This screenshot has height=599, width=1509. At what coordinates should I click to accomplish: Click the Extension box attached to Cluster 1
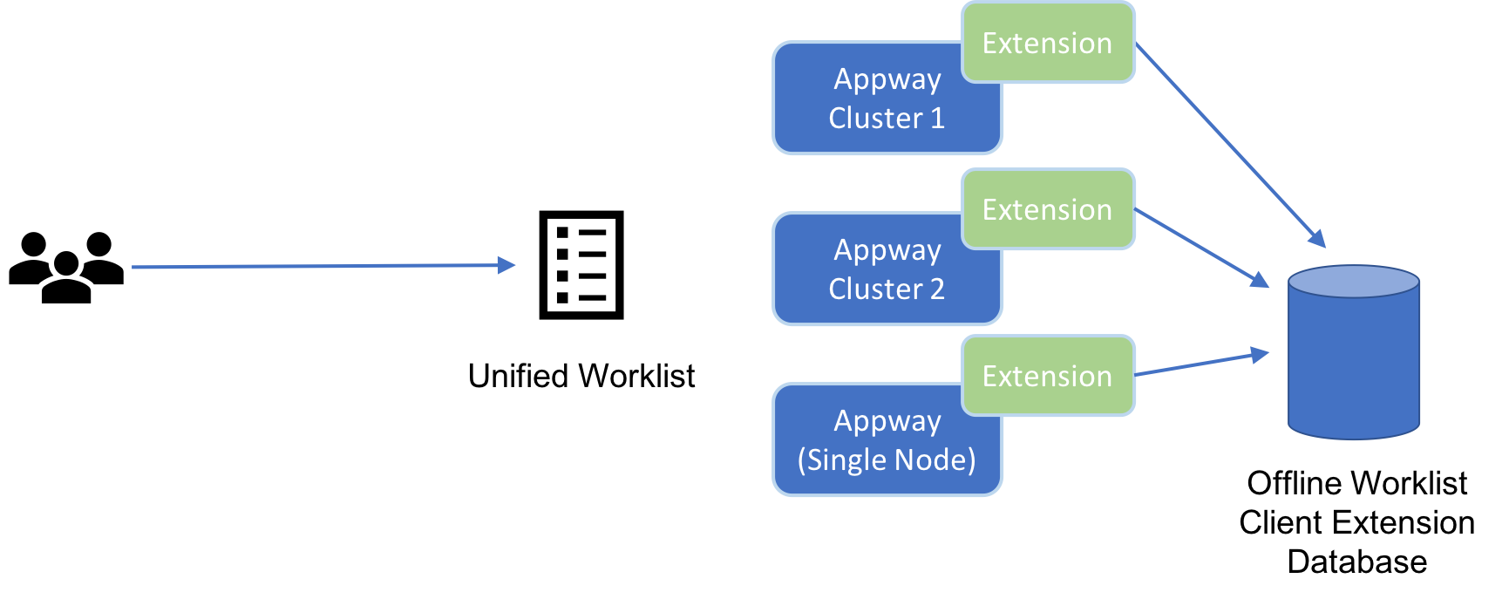coord(1048,43)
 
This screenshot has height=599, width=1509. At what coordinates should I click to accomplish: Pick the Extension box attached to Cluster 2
coord(1048,209)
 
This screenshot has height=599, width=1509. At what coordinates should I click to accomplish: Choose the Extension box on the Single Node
coord(1048,376)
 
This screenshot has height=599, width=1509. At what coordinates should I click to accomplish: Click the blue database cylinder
coord(1354,366)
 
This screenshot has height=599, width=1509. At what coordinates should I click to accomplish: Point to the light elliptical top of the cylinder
coord(1354,282)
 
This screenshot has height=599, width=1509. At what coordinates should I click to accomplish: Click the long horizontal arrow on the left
coord(314,266)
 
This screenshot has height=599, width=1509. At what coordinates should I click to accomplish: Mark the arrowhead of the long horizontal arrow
coord(506,265)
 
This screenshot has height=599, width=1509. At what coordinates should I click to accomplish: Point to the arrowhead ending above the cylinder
coord(1317,238)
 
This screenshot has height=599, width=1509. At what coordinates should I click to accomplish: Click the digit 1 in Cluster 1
coord(937,118)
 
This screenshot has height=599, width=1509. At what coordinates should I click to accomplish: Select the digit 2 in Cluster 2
coord(937,289)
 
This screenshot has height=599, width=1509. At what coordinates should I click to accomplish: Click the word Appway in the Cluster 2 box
coord(887,251)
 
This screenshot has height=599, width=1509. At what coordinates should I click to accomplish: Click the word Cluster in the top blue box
coord(875,118)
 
